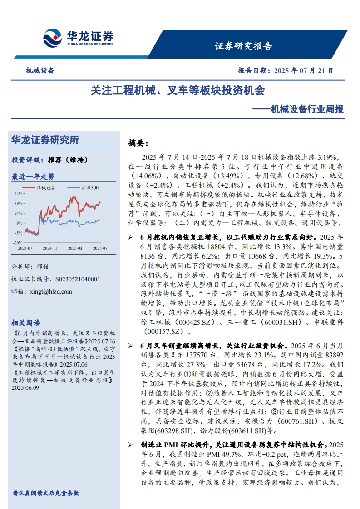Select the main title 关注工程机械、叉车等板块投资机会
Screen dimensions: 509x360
click(x=178, y=90)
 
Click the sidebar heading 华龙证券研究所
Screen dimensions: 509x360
click(x=45, y=140)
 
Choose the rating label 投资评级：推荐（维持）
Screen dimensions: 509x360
click(x=49, y=160)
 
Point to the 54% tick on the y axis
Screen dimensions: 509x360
click(x=18, y=194)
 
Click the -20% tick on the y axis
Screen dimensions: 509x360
click(x=17, y=243)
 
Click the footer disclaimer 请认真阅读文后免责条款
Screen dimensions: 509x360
click(x=46, y=493)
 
